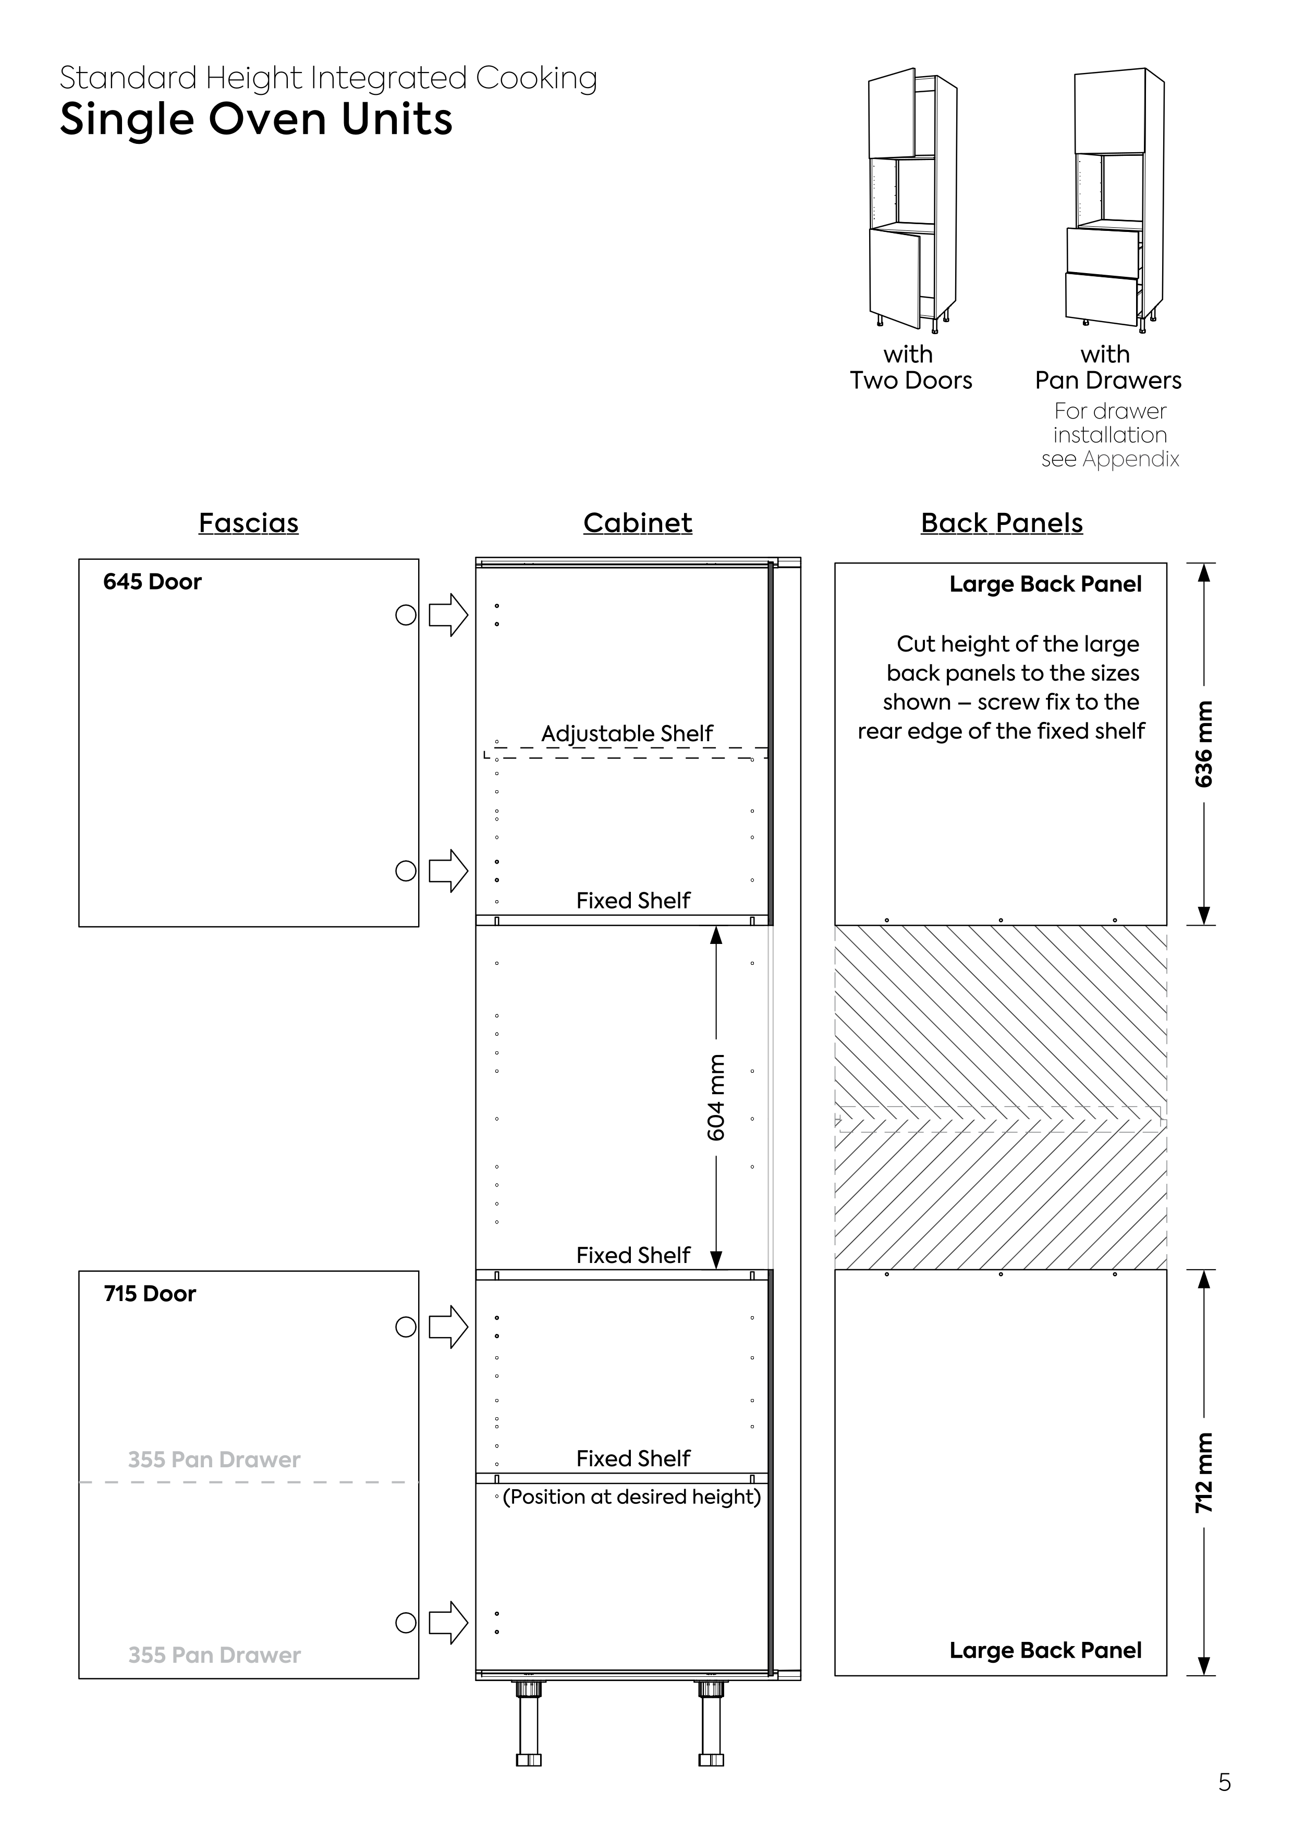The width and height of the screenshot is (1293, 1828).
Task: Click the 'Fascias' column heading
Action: [248, 523]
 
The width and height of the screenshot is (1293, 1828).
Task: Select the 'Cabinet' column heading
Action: [637, 523]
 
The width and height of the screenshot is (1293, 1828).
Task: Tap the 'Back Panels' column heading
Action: [1002, 523]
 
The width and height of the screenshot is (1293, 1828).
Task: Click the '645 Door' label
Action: [152, 582]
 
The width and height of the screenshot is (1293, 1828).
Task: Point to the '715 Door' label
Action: [150, 1294]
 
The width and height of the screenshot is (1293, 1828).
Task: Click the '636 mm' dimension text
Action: [1204, 744]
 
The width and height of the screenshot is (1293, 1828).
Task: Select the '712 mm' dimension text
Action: [1204, 1473]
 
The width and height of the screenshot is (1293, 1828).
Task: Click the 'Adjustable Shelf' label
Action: [627, 733]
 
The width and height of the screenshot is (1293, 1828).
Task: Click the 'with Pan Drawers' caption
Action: [1107, 367]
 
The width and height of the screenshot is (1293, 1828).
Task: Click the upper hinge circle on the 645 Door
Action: [406, 615]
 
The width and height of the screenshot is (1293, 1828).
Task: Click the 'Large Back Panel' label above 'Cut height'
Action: [1045, 584]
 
